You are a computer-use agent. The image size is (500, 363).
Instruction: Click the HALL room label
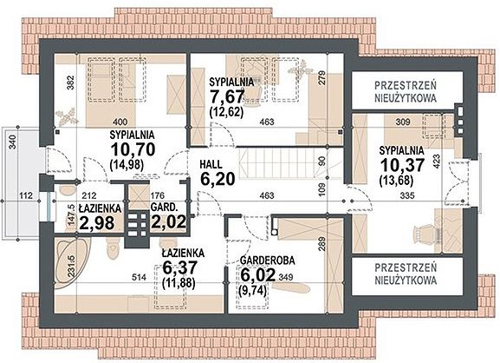[211, 164]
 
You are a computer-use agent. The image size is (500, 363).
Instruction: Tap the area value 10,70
[133, 148]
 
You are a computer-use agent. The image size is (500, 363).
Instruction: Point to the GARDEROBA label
[268, 261]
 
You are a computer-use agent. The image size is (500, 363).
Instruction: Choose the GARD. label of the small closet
[164, 208]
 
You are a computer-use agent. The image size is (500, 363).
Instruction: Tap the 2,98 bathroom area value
[97, 222]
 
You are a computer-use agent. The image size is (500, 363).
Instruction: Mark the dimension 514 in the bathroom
[139, 277]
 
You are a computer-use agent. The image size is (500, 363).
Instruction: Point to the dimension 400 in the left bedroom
[120, 122]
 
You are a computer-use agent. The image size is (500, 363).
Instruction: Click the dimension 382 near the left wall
[71, 82]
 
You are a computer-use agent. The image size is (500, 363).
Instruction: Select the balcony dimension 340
[13, 142]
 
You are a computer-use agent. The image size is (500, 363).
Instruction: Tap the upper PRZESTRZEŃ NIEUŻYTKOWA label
[406, 92]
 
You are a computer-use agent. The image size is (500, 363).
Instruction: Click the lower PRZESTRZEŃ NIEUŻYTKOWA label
[406, 274]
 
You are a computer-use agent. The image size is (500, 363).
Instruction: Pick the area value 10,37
[402, 165]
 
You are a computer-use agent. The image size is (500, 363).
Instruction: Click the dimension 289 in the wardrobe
[321, 244]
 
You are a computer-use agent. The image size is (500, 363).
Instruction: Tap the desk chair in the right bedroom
[424, 234]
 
